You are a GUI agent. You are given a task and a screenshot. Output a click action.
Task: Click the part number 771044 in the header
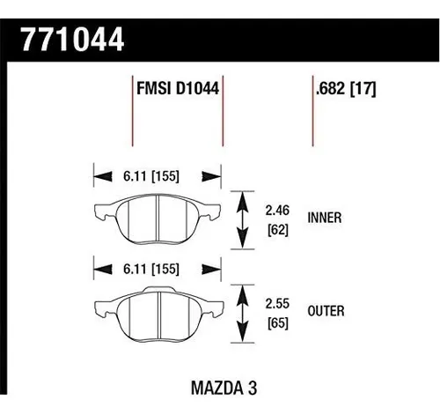point(73,40)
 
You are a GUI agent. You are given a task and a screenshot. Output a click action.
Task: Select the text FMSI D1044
point(178,88)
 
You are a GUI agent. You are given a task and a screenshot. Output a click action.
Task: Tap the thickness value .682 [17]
point(346,88)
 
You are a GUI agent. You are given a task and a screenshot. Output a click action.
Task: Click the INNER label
point(325,218)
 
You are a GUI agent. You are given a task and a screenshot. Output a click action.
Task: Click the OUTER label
point(326,311)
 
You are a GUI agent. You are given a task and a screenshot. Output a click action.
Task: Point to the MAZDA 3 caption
point(224,388)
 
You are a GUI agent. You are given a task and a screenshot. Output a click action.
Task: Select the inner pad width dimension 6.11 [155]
point(151,176)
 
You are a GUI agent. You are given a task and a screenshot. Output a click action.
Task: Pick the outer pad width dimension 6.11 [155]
point(151,269)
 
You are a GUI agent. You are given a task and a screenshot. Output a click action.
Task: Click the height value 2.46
point(277,211)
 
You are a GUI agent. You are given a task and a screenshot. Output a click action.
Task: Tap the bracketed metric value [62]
point(278,230)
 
